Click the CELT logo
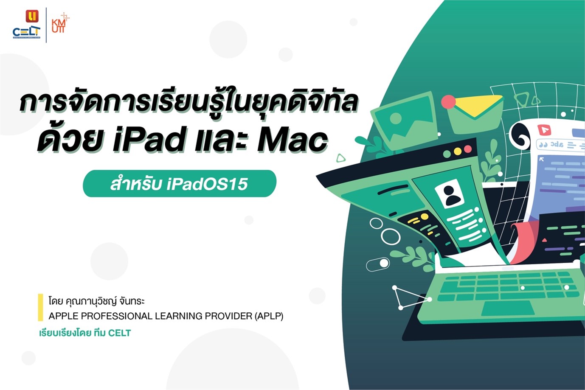pos(27,24)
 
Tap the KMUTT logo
pos(60,23)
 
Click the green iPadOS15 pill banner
pos(180,183)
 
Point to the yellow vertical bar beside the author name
pos(40,307)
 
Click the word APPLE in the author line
pos(63,316)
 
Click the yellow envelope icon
pos(475,112)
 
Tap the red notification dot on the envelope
pos(448,102)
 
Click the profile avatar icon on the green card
pos(450,194)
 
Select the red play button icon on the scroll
pos(544,130)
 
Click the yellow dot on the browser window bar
pos(458,152)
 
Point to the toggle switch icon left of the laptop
pos(378,264)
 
